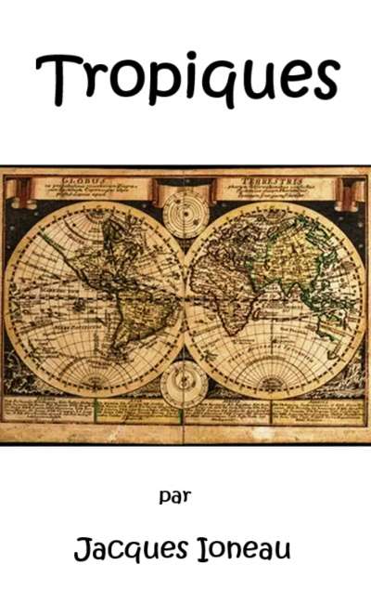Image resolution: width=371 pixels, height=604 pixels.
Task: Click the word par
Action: tap(174, 496)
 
